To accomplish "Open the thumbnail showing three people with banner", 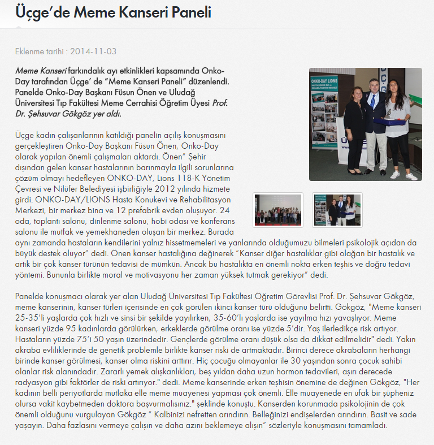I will (x=337, y=209).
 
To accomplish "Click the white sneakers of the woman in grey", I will (x=402, y=174).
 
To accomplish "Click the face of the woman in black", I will (x=358, y=92).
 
